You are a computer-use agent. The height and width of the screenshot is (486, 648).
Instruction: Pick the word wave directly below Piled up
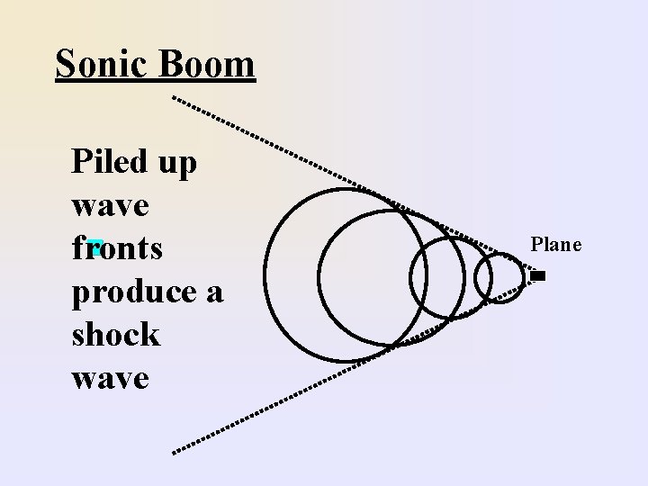click(x=110, y=205)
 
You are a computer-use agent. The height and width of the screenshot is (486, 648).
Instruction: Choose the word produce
click(x=136, y=292)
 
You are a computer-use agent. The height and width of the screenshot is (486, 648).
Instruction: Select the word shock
click(x=115, y=334)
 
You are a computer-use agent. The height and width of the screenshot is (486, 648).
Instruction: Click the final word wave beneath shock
click(x=110, y=377)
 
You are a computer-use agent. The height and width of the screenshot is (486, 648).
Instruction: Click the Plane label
click(x=556, y=245)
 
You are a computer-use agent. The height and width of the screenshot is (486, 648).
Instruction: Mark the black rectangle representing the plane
click(x=538, y=276)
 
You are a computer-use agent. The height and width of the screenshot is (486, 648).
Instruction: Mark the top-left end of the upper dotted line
click(x=174, y=96)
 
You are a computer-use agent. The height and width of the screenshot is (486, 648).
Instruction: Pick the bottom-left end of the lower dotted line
click(x=175, y=448)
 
